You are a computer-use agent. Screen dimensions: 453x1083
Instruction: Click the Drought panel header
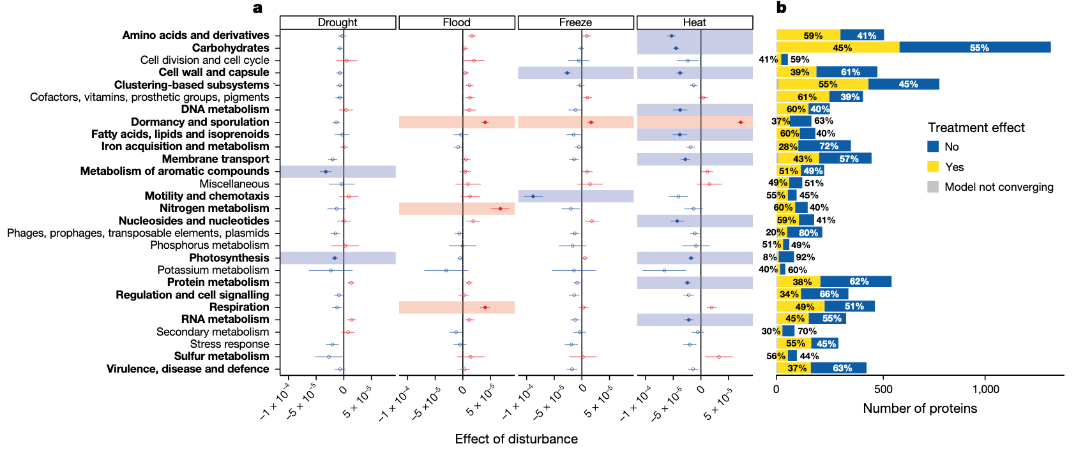[x=338, y=22]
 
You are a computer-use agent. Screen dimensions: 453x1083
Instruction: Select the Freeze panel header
[x=575, y=22]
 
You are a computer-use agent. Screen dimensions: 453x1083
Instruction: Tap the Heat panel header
[x=695, y=22]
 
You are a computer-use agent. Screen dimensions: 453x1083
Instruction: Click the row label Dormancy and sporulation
[x=200, y=122]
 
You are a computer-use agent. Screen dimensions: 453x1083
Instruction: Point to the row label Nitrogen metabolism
[x=215, y=208]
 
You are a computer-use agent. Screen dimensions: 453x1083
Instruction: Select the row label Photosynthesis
[x=229, y=258]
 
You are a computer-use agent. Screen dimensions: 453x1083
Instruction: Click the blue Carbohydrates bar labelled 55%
[x=975, y=47]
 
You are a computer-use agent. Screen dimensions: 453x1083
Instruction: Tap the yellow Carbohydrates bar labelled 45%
[x=838, y=47]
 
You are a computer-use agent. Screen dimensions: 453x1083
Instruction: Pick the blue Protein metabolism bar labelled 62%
[x=856, y=282]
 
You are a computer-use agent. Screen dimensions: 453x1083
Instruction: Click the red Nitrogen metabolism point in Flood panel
[x=500, y=209]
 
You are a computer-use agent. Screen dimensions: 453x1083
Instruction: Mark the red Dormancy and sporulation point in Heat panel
[x=740, y=122]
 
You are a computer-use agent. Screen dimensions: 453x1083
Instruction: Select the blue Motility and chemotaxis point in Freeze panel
[x=533, y=196]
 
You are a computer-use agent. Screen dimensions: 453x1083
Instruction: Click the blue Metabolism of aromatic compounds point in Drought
[x=326, y=172]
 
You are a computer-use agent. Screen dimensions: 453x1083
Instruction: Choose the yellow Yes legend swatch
[x=933, y=167]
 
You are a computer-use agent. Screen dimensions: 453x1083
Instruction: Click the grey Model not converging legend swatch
[x=933, y=187]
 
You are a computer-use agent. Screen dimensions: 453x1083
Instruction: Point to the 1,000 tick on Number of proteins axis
[x=985, y=389]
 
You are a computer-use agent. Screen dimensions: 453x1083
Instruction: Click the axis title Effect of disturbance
[x=516, y=439]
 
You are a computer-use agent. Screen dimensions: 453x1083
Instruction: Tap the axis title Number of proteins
[x=920, y=408]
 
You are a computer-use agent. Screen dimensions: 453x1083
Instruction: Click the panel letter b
[x=782, y=8]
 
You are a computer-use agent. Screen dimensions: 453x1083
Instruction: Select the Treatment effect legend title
[x=976, y=128]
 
